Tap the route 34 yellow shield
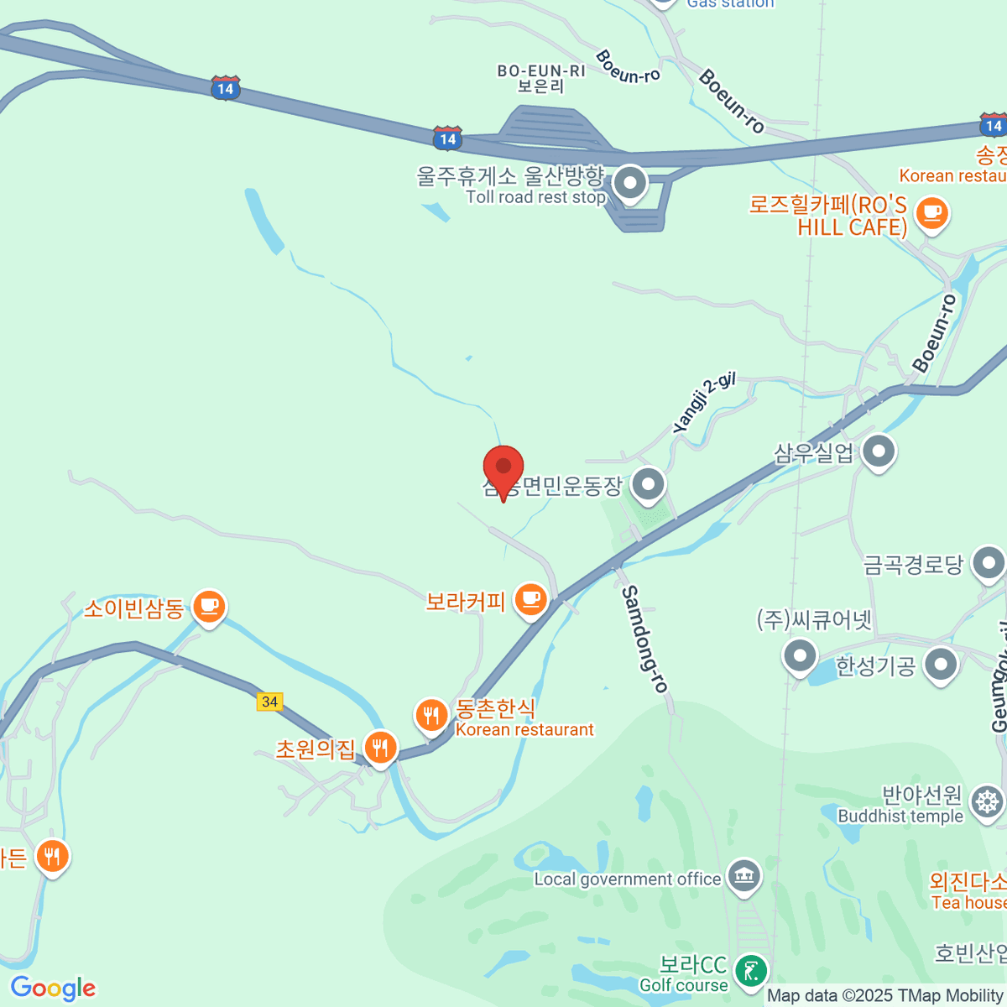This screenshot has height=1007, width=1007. (x=269, y=702)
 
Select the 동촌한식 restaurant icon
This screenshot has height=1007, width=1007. (x=432, y=717)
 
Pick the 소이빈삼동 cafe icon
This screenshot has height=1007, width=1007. (x=209, y=606)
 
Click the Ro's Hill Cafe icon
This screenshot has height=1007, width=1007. (x=931, y=212)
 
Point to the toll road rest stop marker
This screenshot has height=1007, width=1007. (x=629, y=183)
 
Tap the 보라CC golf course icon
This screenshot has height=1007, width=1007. (x=749, y=972)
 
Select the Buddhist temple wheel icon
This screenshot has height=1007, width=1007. (x=987, y=802)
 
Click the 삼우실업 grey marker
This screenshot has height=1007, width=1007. (x=879, y=451)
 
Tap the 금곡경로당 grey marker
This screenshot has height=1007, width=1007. (x=989, y=563)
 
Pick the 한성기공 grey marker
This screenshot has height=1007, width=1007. (x=941, y=665)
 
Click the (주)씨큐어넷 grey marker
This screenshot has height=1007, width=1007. (x=800, y=656)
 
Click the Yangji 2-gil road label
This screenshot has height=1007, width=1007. (x=703, y=403)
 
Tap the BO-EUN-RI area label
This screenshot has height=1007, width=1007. (x=541, y=78)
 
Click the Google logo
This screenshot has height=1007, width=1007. (x=53, y=988)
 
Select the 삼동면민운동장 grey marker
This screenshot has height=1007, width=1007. (x=648, y=484)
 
